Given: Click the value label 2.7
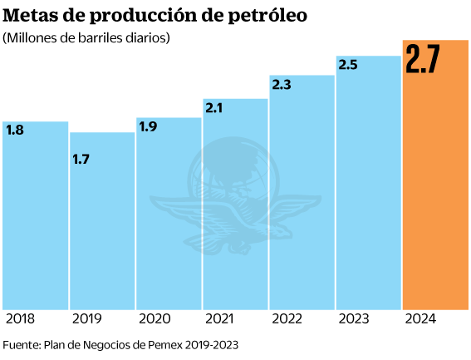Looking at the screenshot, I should [423, 61].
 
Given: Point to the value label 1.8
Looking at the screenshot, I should [15, 131].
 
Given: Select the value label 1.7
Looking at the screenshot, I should [81, 159].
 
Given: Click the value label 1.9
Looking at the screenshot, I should [149, 127].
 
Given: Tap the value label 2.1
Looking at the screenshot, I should [215, 109].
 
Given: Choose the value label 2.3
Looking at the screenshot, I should [282, 85].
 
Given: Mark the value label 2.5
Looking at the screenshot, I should [349, 65].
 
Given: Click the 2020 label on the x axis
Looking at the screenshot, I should [154, 319].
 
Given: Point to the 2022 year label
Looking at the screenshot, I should [287, 319].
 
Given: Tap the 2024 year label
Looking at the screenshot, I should [420, 319].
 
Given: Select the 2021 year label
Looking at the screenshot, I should [220, 319].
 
